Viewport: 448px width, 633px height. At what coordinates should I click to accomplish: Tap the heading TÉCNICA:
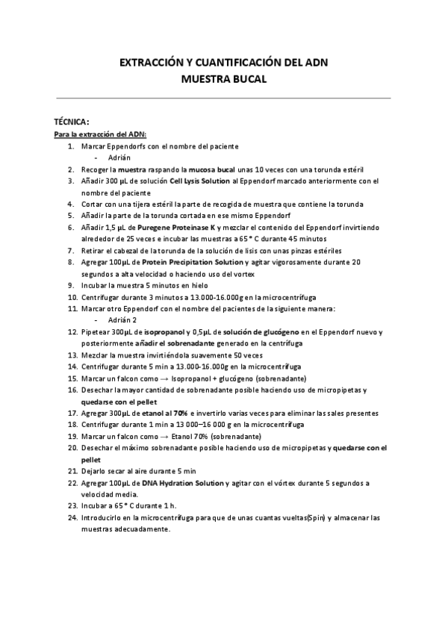[x=71, y=122]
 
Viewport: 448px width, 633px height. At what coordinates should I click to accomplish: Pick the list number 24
[x=72, y=517]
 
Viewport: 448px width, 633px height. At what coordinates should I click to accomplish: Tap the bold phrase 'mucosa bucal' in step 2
[x=213, y=169]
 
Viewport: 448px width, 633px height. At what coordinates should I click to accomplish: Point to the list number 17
[x=72, y=413]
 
